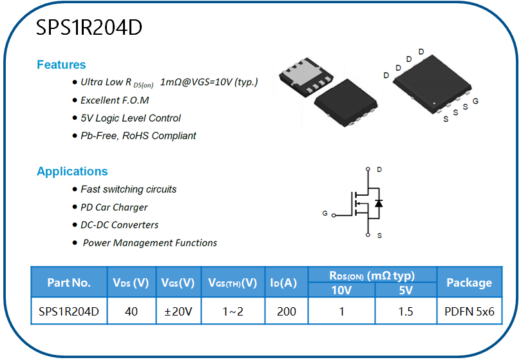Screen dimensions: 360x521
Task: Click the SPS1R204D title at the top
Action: coord(89,28)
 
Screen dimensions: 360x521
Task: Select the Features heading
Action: coord(61,64)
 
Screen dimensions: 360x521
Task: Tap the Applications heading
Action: coord(72,171)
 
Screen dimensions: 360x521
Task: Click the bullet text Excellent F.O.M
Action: coord(115,100)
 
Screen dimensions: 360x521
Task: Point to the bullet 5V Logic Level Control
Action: coord(131,118)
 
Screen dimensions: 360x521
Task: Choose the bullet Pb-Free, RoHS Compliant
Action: coord(138,136)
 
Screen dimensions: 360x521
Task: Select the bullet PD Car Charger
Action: coord(114,207)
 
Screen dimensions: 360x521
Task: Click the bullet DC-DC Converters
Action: coord(120,225)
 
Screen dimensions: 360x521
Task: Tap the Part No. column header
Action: coord(69,282)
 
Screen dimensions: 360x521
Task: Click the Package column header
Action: coord(469,282)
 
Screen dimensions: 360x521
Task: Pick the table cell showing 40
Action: coord(131,312)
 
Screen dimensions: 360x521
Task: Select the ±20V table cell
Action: coord(178,312)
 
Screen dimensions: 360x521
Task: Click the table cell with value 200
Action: coord(287,312)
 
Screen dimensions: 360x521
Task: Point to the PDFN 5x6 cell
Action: coord(469,312)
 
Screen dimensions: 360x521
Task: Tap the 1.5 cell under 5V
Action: coord(406,312)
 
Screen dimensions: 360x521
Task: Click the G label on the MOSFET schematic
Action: coord(325,213)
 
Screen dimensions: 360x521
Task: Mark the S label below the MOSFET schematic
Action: coord(379,236)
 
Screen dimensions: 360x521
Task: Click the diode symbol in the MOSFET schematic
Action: coord(378,204)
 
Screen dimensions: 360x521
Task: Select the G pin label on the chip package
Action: coord(475,102)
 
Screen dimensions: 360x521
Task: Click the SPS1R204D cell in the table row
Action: coord(69,312)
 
